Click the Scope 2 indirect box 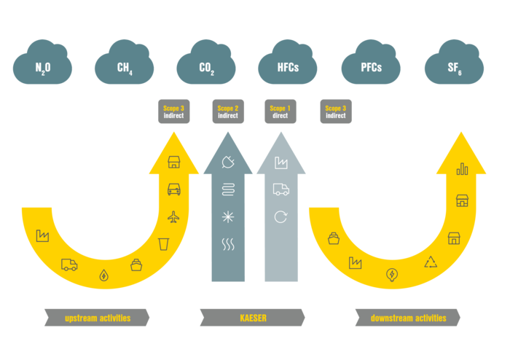point(228,111)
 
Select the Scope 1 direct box point(280,111)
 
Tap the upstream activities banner point(98,318)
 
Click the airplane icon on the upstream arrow point(173,216)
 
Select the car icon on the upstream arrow point(174,189)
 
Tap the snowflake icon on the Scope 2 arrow point(228,216)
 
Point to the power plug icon point(228,163)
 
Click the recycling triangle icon point(431,262)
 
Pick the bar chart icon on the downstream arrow point(462,170)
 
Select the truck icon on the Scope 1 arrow point(280,189)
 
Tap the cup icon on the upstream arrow point(164,243)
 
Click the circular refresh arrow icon point(280,216)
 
